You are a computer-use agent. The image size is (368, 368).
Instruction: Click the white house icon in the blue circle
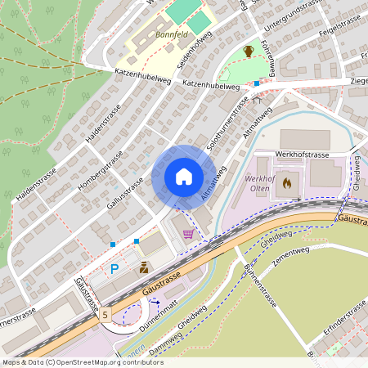tap(184, 177)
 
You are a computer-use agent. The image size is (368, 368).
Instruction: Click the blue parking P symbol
tap(114, 267)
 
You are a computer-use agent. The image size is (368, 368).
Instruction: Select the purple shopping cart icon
tap(189, 234)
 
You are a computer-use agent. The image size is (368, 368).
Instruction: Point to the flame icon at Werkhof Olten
tap(285, 184)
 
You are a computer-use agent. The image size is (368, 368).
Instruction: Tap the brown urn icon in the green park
tap(248, 52)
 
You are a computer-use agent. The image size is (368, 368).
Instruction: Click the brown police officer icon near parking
tap(144, 267)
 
